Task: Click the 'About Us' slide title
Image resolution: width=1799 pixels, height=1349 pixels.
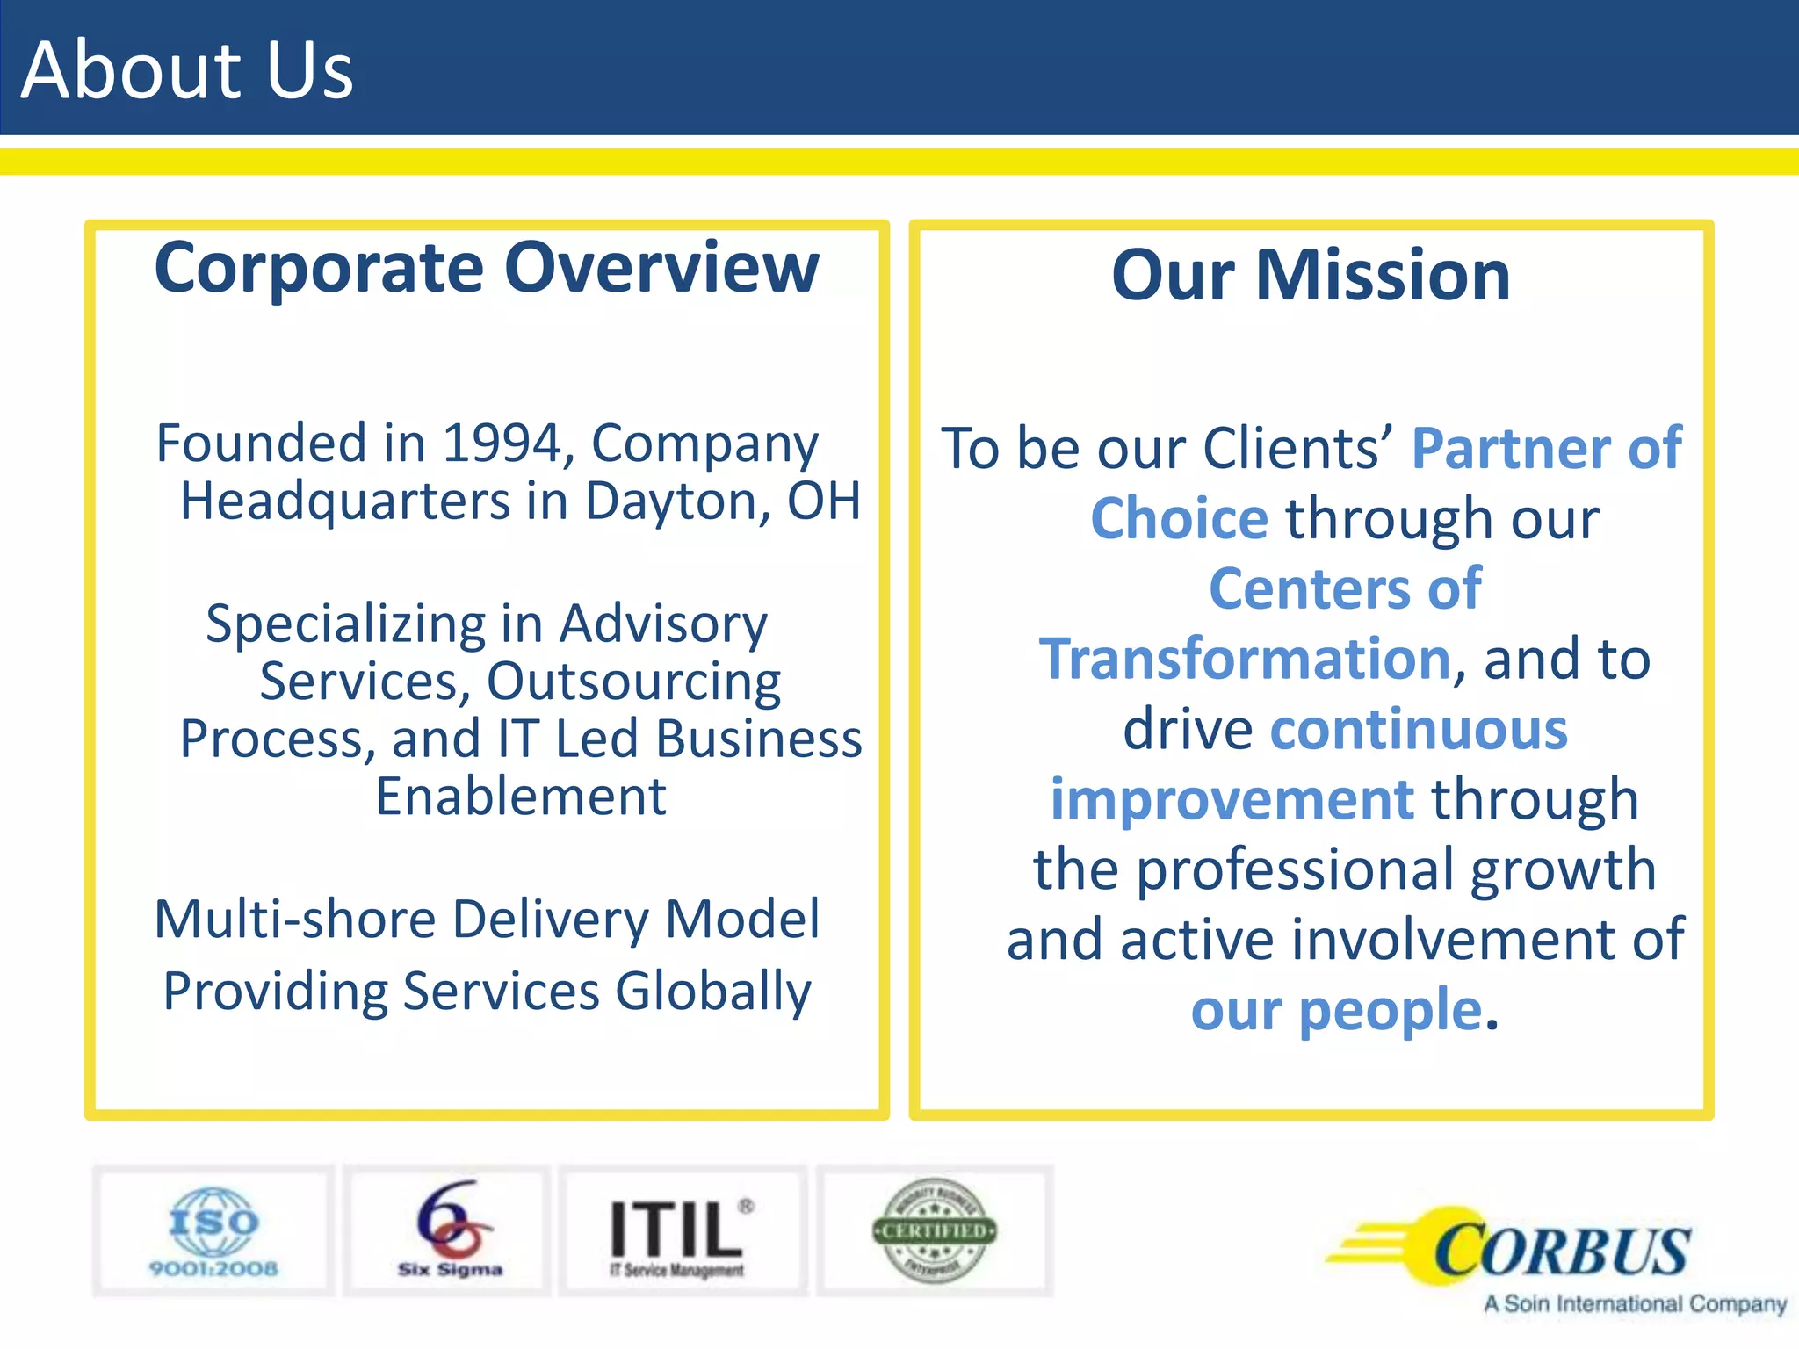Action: tap(187, 70)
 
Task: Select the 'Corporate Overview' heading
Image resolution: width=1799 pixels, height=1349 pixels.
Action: tap(486, 268)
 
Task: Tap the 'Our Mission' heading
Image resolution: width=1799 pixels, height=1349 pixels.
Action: tap(1311, 276)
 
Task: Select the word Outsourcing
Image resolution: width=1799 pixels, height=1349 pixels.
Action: tap(633, 682)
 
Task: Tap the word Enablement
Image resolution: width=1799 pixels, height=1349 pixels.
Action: tap(521, 797)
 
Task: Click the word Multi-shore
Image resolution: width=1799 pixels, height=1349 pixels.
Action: tap(295, 920)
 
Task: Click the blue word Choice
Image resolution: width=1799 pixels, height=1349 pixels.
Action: tap(1179, 519)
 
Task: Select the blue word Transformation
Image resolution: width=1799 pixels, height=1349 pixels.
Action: tap(1245, 660)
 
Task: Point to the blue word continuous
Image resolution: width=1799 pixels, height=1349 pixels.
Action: tap(1419, 730)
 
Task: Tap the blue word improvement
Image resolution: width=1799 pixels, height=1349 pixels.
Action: tap(1232, 800)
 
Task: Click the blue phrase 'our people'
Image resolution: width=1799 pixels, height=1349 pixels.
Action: tap(1336, 1011)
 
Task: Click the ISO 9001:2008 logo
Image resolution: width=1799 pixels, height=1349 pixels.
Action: tap(213, 1231)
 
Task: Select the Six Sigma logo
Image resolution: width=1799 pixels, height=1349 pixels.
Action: tap(449, 1231)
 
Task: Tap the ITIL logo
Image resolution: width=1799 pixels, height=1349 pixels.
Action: tap(680, 1231)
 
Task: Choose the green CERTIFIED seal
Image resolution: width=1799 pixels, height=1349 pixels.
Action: tap(935, 1231)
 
